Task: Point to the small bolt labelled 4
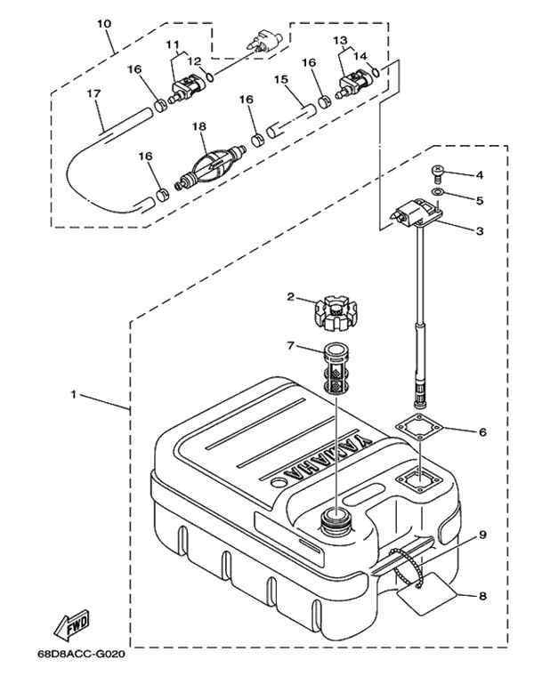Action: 438,174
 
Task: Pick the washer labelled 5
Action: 437,193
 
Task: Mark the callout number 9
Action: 481,535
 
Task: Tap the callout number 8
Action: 481,597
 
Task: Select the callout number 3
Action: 480,231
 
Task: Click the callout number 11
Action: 173,44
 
